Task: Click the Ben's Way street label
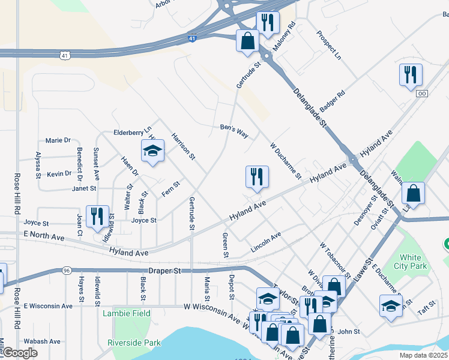(x=234, y=130)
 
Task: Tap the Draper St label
(x=164, y=271)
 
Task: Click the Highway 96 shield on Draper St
(x=65, y=271)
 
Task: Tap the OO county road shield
(x=423, y=94)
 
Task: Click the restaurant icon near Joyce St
(x=97, y=217)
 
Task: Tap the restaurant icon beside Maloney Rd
(x=267, y=22)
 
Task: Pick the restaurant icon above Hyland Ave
(x=257, y=177)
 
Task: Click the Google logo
(x=20, y=353)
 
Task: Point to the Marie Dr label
(x=58, y=140)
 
